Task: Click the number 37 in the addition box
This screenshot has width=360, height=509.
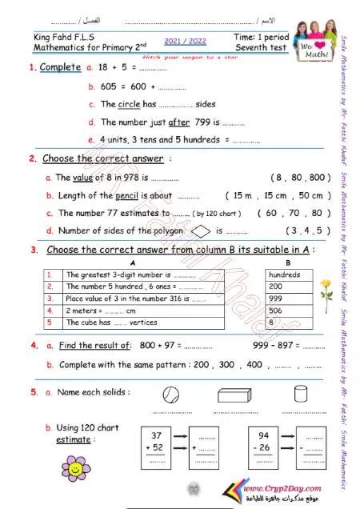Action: coord(156,435)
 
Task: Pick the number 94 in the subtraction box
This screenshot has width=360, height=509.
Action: coord(265,435)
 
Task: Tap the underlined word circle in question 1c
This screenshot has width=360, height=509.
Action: coord(134,104)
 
